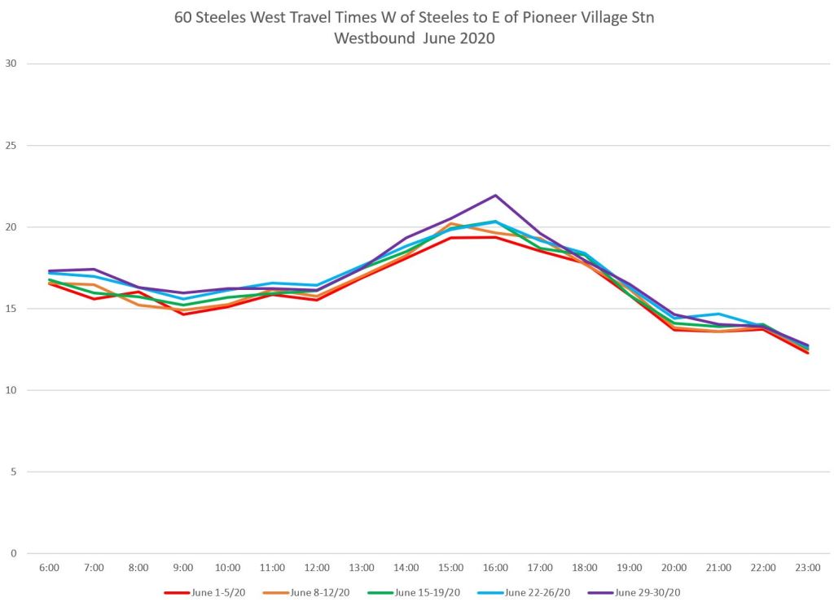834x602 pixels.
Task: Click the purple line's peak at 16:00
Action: pyautogui.click(x=495, y=196)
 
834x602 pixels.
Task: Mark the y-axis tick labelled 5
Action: pyautogui.click(x=14, y=472)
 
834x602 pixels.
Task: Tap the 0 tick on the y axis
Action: pyautogui.click(x=14, y=553)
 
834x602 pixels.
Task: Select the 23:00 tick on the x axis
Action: pyautogui.click(x=808, y=566)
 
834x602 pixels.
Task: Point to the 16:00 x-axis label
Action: pyautogui.click(x=495, y=566)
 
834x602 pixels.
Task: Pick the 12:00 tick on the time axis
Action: pyautogui.click(x=317, y=566)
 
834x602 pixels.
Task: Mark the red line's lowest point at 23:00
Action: pyautogui.click(x=808, y=353)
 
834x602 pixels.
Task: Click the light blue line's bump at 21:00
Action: pyautogui.click(x=718, y=314)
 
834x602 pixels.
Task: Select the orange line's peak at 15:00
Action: pyautogui.click(x=451, y=223)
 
